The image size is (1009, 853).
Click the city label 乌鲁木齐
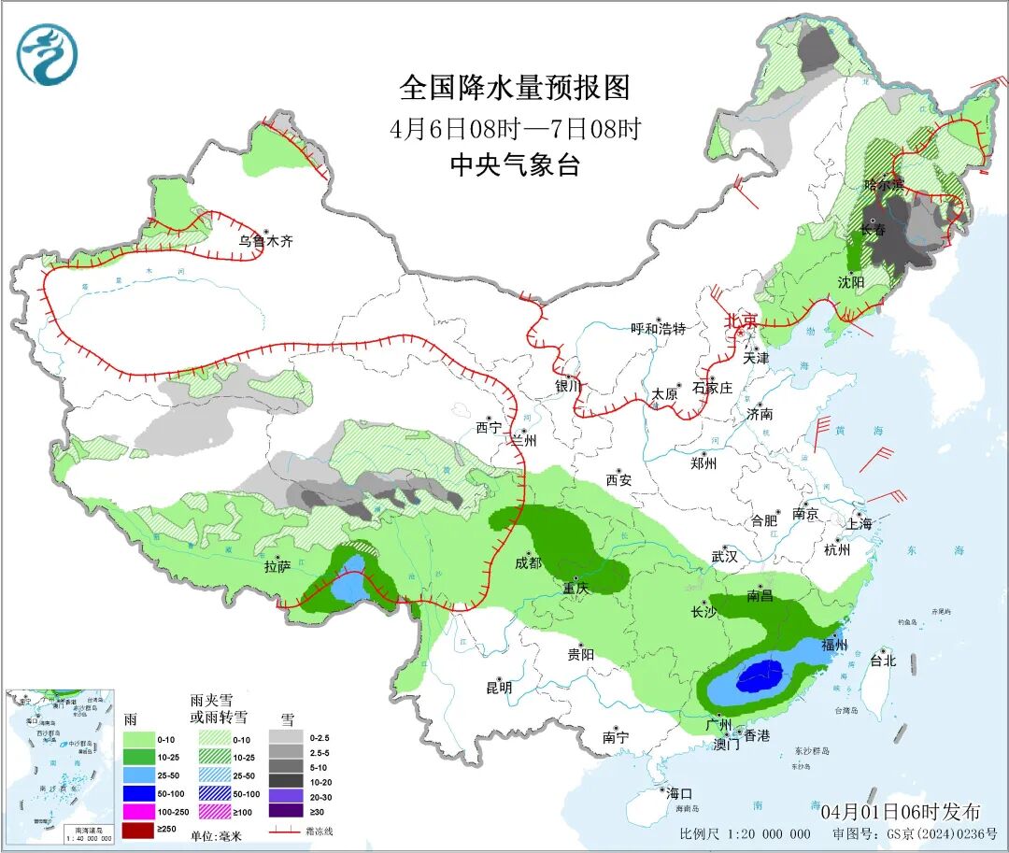(265, 241)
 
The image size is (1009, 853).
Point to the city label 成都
(528, 562)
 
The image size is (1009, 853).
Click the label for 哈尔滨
(884, 184)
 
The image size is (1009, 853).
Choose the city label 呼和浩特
(658, 329)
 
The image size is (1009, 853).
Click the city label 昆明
(499, 688)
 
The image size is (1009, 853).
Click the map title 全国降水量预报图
(515, 88)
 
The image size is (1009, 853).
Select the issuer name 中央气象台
(515, 165)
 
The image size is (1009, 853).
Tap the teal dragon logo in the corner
(47, 54)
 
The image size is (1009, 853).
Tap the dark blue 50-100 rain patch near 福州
(760, 674)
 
